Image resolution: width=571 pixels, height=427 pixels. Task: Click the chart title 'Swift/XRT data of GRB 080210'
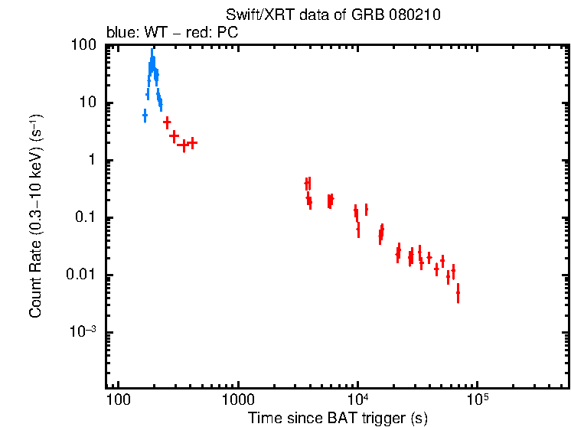tap(333, 15)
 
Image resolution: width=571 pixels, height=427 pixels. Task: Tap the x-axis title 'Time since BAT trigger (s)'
tap(338, 418)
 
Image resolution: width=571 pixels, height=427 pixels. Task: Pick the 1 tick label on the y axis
tap(92, 161)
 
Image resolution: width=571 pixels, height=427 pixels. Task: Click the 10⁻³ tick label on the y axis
tap(83, 331)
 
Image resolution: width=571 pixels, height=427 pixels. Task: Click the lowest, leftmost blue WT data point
tap(145, 116)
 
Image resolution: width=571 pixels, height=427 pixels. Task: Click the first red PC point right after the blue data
tap(167, 122)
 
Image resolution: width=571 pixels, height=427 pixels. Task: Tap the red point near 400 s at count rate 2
tap(192, 142)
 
